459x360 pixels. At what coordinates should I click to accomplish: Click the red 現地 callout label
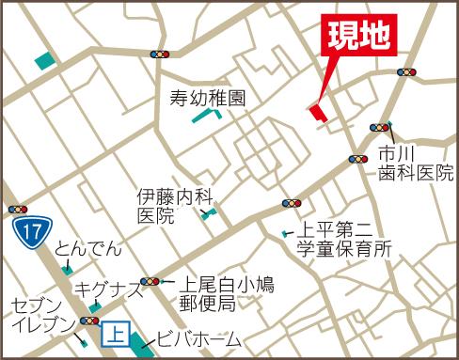coord(357,38)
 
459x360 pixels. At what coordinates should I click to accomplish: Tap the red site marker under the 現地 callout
coord(316,112)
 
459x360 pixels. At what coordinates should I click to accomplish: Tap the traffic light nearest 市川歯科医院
coord(381,127)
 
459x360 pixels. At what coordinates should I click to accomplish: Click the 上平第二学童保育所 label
coord(342,240)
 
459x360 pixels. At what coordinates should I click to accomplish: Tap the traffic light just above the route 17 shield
coord(17,209)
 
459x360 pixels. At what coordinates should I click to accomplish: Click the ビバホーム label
coord(199,339)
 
